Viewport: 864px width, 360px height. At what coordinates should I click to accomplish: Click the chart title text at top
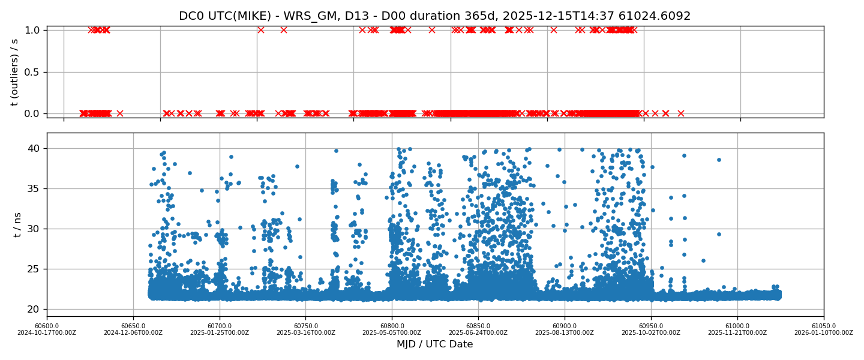coord(434,16)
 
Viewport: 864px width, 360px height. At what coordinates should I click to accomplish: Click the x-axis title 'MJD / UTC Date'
coord(434,344)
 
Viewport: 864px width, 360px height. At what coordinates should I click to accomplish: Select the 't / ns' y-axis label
coord(17,224)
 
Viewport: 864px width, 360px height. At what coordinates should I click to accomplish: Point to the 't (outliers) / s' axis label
coord(15,71)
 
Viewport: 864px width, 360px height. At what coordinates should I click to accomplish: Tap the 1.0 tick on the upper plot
coord(32,30)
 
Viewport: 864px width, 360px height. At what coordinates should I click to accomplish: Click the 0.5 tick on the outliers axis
coord(32,72)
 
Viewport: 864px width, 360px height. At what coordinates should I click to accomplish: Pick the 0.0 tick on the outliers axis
coord(32,113)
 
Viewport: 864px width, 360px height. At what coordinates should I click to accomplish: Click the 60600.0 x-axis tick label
coord(47,326)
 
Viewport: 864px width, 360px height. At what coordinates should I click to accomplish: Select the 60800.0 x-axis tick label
coord(392,326)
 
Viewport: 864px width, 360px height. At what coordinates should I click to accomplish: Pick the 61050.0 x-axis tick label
coord(824,326)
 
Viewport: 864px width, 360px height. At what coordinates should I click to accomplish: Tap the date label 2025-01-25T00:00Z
coord(220,333)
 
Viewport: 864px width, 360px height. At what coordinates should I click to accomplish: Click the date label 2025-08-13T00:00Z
coord(565,333)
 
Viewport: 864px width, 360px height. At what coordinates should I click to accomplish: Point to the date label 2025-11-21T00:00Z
coord(737,333)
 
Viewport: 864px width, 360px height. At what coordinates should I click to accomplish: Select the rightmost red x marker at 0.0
coord(681,113)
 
